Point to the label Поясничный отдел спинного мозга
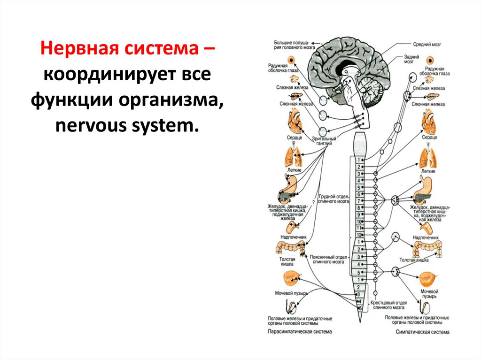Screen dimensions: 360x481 [328, 259]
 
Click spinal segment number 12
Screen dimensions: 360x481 [358, 235]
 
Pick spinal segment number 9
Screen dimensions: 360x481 [358, 214]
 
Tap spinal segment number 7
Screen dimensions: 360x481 [358, 200]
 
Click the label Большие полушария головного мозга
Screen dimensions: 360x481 [294, 46]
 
